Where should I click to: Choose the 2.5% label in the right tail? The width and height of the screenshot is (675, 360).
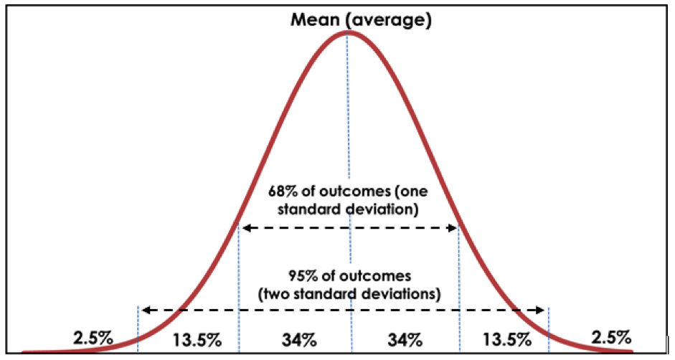coord(611,336)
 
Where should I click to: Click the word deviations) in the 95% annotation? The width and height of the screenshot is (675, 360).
coord(402,293)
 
